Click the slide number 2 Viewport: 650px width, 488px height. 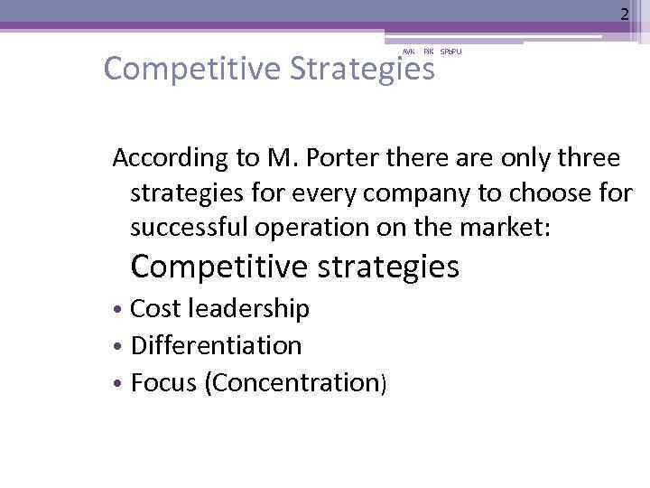click(x=623, y=14)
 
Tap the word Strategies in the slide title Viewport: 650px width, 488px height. click(x=364, y=68)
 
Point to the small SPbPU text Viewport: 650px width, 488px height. click(x=450, y=52)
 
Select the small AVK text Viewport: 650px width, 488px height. click(x=407, y=52)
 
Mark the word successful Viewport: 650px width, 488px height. click(x=190, y=228)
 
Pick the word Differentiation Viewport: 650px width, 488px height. click(x=217, y=345)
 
